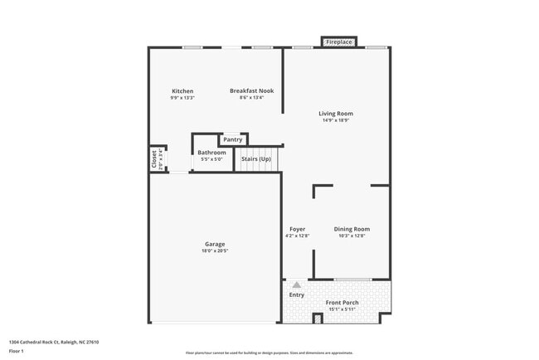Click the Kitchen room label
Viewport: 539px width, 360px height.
(x=182, y=91)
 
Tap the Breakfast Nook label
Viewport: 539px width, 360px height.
(x=251, y=91)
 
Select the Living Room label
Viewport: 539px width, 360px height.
(x=336, y=114)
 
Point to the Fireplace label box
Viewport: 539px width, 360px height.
(x=338, y=41)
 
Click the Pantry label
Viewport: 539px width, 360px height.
(x=232, y=139)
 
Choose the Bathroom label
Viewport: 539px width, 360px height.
(x=211, y=153)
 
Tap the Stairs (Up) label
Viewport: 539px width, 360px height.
(x=255, y=158)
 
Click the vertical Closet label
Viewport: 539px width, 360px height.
(x=154, y=158)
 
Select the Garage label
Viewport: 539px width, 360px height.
(x=215, y=244)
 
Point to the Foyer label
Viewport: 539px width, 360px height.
(x=297, y=229)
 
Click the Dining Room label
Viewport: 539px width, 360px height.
(x=352, y=229)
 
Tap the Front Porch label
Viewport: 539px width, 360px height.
(x=341, y=303)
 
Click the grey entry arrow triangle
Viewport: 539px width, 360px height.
(x=296, y=285)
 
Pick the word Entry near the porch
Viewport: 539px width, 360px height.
(x=296, y=294)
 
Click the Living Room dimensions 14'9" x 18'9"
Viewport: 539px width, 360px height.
(x=336, y=120)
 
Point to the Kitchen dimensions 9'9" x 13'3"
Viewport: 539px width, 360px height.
(x=182, y=98)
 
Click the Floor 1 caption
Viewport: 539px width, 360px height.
(x=17, y=352)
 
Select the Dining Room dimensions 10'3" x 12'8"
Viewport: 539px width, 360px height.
(x=352, y=236)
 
